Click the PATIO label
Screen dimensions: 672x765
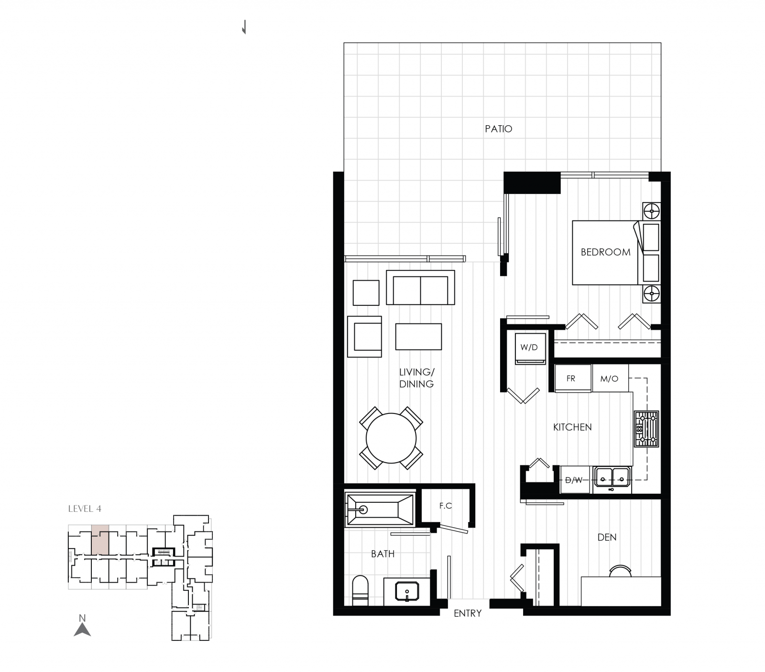498,129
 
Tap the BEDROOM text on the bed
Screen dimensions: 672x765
605,252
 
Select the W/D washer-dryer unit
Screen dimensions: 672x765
529,347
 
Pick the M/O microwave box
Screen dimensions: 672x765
610,379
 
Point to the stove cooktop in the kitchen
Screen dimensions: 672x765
646,429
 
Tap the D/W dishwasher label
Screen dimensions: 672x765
574,480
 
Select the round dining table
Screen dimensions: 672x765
391,438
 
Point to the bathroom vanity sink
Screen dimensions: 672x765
407,591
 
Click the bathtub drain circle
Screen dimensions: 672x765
363,509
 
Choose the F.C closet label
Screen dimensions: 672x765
446,505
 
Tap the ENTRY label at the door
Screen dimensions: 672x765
467,613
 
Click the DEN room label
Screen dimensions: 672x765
607,537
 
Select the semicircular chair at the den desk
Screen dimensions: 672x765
621,571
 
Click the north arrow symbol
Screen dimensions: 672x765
82,629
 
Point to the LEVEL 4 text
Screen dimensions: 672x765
85,509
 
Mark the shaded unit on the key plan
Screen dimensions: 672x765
100,540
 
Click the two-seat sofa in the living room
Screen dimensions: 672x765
420,288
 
